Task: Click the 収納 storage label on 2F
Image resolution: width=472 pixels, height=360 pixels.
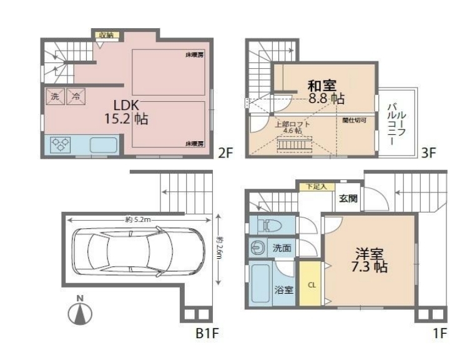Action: (106, 35)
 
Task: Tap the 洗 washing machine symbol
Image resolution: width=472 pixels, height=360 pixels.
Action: (55, 96)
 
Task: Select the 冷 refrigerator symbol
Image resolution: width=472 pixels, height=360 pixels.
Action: (76, 96)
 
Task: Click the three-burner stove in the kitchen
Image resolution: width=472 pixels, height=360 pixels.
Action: (61, 145)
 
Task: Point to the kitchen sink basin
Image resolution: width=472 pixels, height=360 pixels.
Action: (103, 145)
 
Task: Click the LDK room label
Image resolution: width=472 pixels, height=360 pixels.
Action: (126, 106)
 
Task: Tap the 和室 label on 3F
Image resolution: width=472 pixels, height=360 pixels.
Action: (322, 86)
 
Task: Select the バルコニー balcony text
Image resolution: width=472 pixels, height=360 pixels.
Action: (396, 124)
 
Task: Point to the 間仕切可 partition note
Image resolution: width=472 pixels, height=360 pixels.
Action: (354, 121)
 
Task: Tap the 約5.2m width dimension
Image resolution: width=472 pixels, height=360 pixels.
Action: (138, 219)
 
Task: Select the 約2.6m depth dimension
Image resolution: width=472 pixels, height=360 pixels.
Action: (219, 249)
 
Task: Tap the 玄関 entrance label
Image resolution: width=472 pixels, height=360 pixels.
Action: (348, 199)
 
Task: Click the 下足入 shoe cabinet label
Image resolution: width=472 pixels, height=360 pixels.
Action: (317, 187)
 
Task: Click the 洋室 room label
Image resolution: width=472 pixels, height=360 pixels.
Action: (370, 254)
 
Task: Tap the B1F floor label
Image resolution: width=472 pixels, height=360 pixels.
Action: (207, 333)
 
